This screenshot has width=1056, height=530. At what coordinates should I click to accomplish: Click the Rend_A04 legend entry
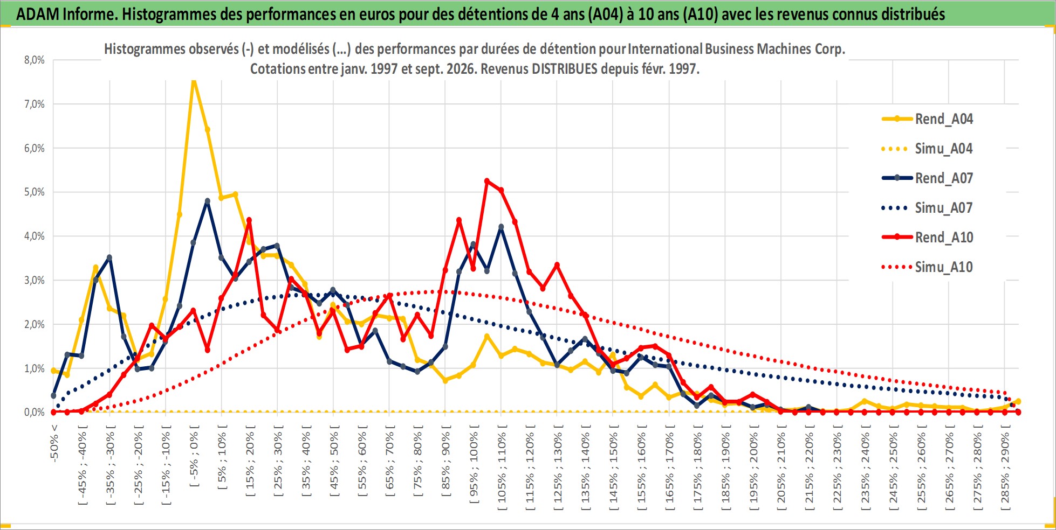pos(928,119)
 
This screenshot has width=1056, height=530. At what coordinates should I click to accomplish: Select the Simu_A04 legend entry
pos(928,149)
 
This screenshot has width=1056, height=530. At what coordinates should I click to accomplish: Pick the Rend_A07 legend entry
pos(928,178)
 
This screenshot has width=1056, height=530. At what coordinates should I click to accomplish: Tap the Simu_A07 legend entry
pos(928,208)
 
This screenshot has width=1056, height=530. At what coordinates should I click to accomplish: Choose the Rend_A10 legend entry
pos(928,238)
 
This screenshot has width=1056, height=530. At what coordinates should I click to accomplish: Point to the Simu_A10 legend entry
pos(928,267)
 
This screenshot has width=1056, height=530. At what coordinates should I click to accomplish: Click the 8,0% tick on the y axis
pos(35,60)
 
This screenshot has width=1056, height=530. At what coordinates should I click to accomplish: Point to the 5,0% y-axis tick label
pos(35,192)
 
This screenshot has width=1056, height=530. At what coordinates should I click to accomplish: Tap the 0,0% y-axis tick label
pos(35,413)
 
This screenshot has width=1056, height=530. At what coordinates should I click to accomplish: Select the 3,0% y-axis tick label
pos(35,280)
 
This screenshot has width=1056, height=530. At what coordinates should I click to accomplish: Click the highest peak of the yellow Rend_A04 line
pos(194,81)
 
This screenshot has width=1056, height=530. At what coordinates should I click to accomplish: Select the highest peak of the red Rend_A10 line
pos(487,181)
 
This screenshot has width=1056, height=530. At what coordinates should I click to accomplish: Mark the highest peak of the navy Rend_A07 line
pos(208,201)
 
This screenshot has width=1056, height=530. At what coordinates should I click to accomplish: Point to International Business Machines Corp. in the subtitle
pos(736,49)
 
